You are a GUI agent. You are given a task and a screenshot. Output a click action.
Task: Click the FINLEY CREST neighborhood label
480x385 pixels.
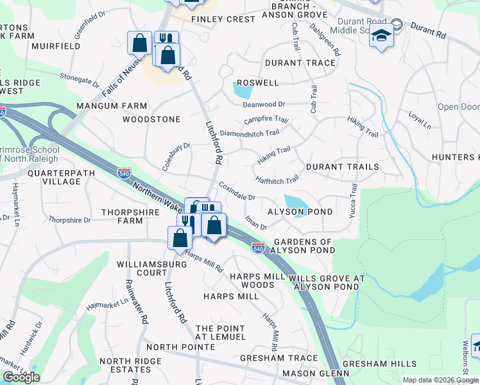click(x=223, y=19)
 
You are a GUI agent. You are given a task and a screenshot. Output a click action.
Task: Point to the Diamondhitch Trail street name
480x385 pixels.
click(x=249, y=133)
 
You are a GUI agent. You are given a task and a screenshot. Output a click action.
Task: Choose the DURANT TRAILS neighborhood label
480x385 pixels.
click(x=342, y=167)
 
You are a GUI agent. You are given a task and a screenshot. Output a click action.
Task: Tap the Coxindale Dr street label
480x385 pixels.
click(x=237, y=191)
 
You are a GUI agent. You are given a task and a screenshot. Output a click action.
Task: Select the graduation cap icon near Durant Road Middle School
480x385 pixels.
click(x=381, y=36)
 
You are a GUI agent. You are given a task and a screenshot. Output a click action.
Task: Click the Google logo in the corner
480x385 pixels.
click(x=21, y=377)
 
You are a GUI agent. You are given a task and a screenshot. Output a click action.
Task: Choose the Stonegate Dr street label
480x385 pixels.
click(x=80, y=80)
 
